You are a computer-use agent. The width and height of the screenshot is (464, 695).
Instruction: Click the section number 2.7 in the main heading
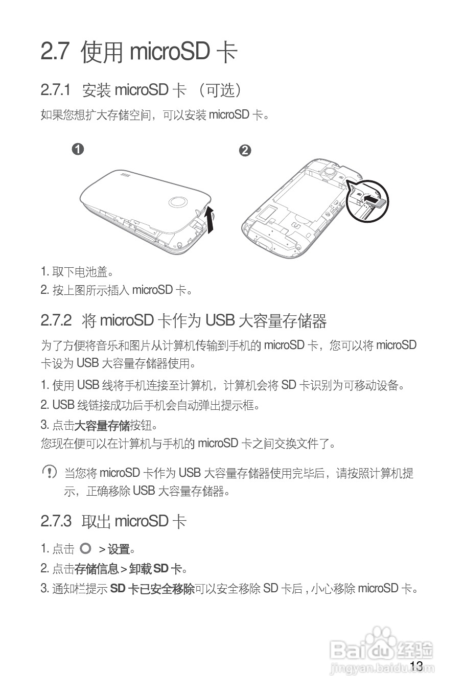coord(55,52)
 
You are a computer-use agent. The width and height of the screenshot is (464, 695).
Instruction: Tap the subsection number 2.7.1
coord(55,90)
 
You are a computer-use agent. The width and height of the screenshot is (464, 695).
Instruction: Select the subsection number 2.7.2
coord(56,321)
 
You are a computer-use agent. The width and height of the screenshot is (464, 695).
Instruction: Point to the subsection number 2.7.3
coord(56,521)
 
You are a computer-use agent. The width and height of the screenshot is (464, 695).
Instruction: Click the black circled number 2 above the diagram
coord(245,150)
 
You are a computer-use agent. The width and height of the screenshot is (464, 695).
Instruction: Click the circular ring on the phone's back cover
coord(179,202)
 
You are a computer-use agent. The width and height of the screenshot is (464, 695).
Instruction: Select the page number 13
coord(416,665)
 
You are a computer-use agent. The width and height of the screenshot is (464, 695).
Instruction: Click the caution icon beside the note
coord(49,472)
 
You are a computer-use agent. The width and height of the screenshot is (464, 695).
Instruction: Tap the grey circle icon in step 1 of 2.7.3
coord(86,549)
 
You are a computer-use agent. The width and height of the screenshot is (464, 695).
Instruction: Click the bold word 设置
coord(119,549)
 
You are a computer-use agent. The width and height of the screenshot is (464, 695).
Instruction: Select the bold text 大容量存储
coord(102,425)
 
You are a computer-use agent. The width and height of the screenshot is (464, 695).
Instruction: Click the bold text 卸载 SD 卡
coord(155,569)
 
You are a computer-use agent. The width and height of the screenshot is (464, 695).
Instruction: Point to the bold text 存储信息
coord(97,569)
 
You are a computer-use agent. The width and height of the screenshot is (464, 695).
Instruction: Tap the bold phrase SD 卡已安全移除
coord(152,589)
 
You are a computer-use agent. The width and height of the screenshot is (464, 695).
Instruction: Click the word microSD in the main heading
coord(170,52)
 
